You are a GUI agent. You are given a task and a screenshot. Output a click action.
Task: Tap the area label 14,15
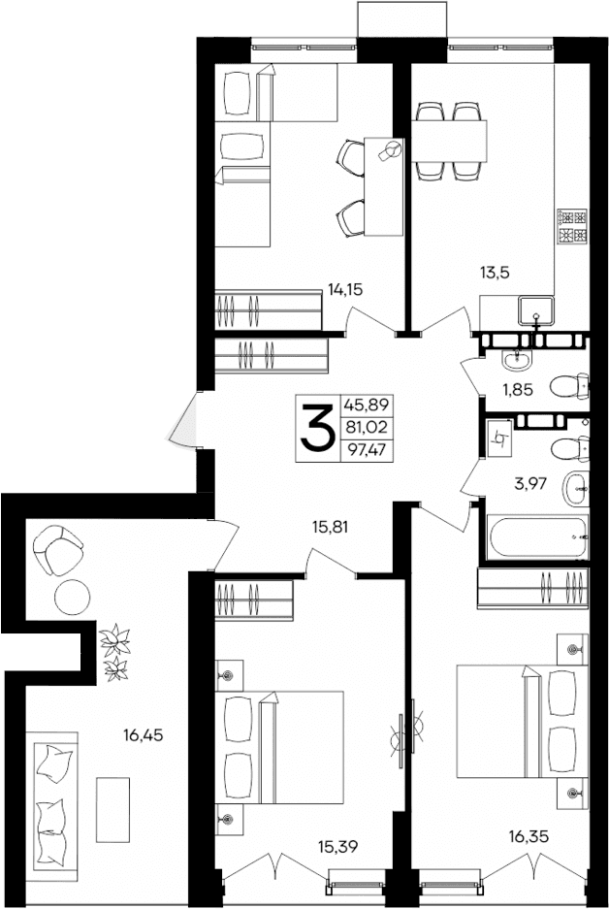coord(347,288)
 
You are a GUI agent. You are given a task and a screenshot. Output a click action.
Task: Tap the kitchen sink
coord(535,312)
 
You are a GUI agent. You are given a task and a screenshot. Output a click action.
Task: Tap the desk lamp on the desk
coord(392,149)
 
